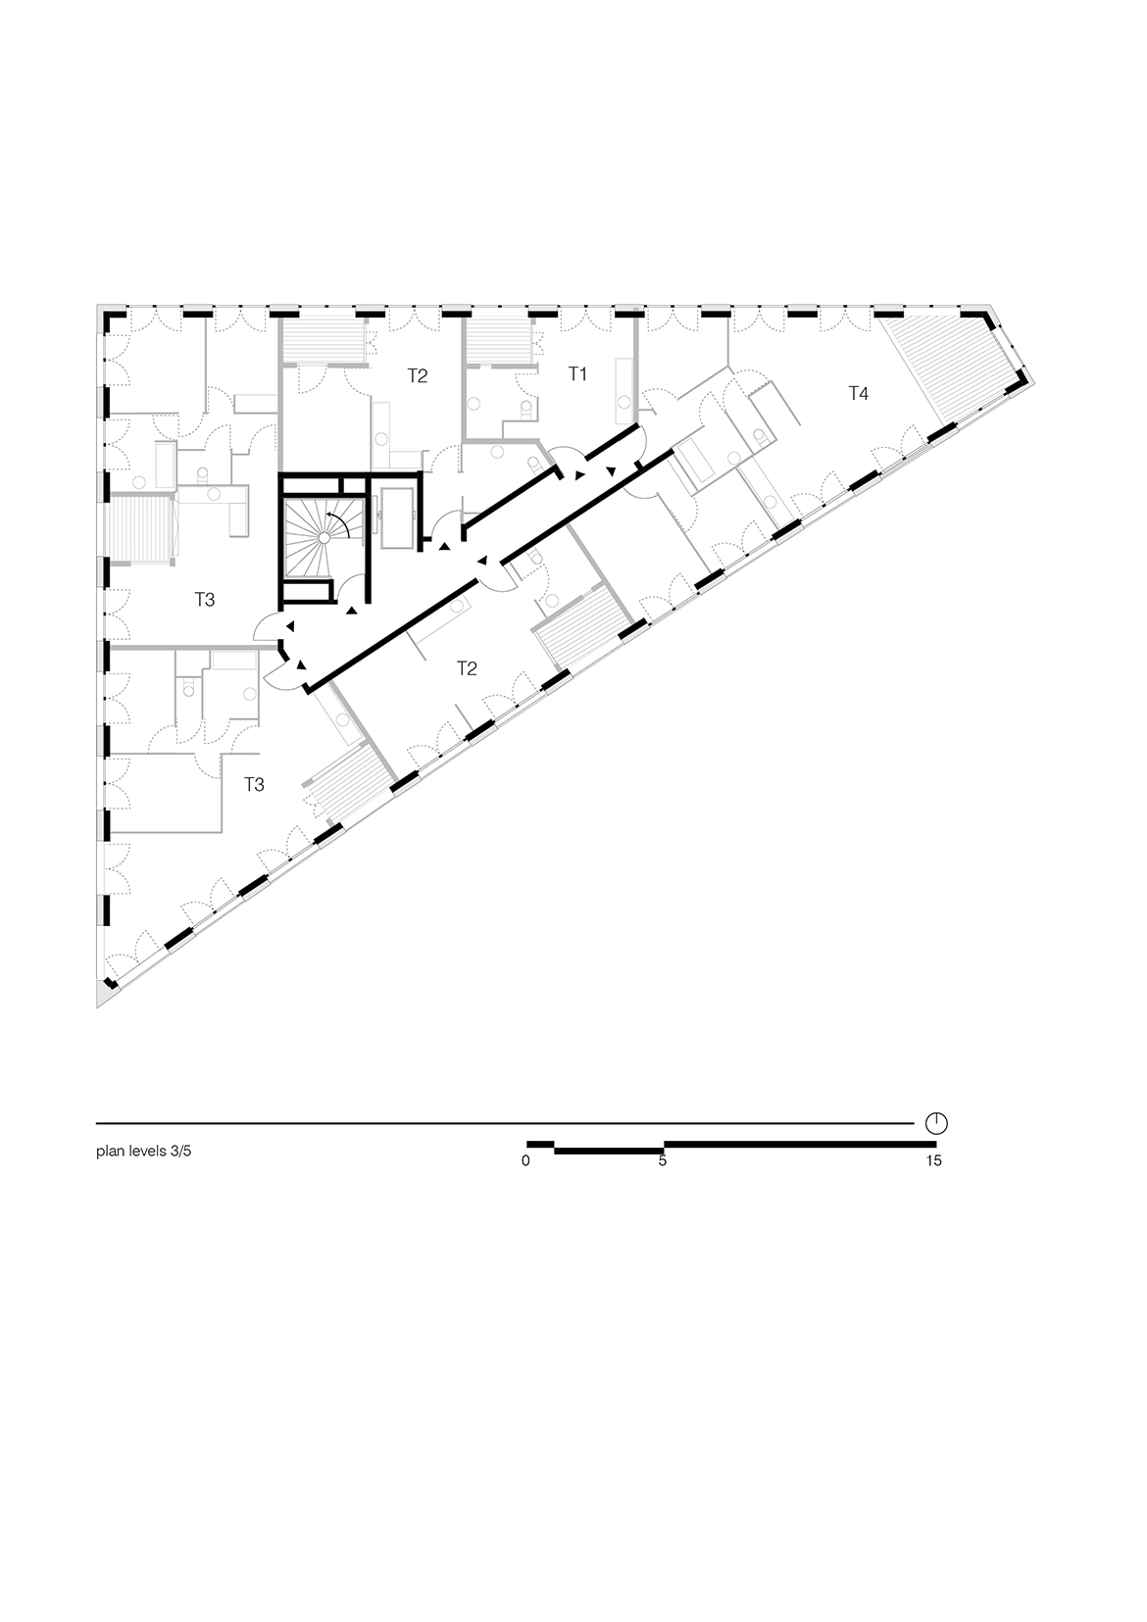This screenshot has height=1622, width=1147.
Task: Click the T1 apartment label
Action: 577,373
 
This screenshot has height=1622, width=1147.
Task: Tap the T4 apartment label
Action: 858,393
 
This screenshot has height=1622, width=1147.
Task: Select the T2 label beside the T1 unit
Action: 417,375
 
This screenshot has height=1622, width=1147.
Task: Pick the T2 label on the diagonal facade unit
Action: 467,668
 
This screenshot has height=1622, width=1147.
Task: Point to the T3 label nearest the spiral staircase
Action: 205,600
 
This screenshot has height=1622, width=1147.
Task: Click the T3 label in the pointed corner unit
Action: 254,784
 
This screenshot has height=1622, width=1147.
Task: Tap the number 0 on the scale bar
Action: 525,1160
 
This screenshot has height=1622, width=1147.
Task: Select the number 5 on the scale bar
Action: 663,1160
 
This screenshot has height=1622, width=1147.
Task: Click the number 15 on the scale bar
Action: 934,1160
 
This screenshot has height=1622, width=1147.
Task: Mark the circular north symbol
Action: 936,1123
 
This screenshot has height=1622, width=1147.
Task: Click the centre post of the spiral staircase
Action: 324,538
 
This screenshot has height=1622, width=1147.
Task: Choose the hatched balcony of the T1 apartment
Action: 499,342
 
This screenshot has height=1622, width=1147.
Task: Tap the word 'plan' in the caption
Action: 110,1152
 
